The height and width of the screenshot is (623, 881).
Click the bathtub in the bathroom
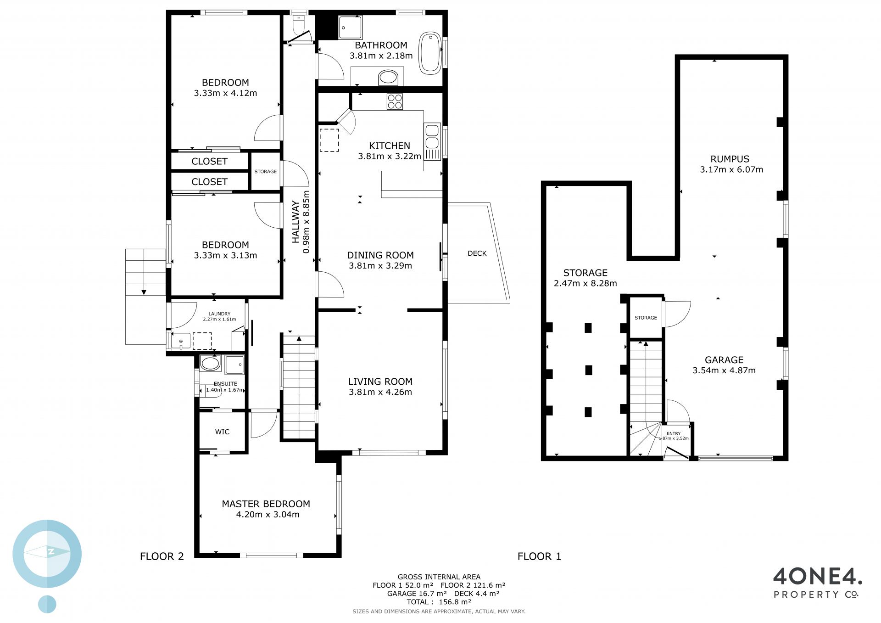coord(430,53)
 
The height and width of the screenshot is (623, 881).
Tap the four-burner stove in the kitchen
coord(395,101)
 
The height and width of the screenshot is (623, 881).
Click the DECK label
coord(477,253)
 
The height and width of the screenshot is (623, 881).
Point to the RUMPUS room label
coord(730,159)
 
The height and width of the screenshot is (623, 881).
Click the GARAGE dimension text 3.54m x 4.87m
coord(724,370)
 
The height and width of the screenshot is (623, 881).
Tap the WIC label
coord(222,432)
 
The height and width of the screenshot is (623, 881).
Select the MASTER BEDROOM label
coord(266,504)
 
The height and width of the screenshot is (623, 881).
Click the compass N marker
coord(51,552)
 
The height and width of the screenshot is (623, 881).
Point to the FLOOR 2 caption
coord(162,556)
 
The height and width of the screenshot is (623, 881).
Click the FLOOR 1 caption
coord(539,556)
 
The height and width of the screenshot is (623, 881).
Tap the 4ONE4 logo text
coord(818,576)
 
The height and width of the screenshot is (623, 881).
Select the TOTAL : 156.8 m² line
coord(439,602)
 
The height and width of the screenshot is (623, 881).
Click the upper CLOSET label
coord(209,162)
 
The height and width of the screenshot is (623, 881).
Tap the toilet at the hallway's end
coord(299,25)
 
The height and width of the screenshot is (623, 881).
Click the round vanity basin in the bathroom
coord(388,77)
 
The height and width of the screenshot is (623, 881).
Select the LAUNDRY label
coord(219,314)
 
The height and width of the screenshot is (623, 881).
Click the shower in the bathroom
coord(350,28)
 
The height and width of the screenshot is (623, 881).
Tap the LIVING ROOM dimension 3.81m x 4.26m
coord(380,392)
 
